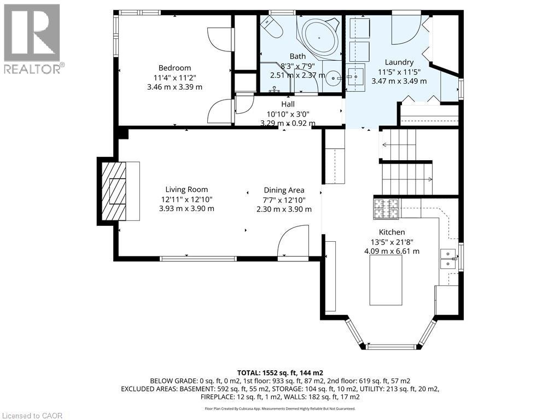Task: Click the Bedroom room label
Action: [174, 68]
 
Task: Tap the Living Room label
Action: [186, 190]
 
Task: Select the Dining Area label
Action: [284, 190]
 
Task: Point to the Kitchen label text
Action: [392, 232]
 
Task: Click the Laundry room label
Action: [399, 62]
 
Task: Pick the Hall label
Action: [288, 104]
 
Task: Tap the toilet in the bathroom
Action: [272, 27]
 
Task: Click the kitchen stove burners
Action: [386, 209]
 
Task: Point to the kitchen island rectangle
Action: [386, 280]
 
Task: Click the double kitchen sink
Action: [448, 259]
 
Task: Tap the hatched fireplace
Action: [114, 191]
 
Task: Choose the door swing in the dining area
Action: [293, 241]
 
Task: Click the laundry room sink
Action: [355, 76]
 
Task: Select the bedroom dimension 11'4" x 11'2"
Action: [174, 78]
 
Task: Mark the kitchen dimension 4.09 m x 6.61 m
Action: [392, 251]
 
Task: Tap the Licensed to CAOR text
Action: [32, 416]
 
